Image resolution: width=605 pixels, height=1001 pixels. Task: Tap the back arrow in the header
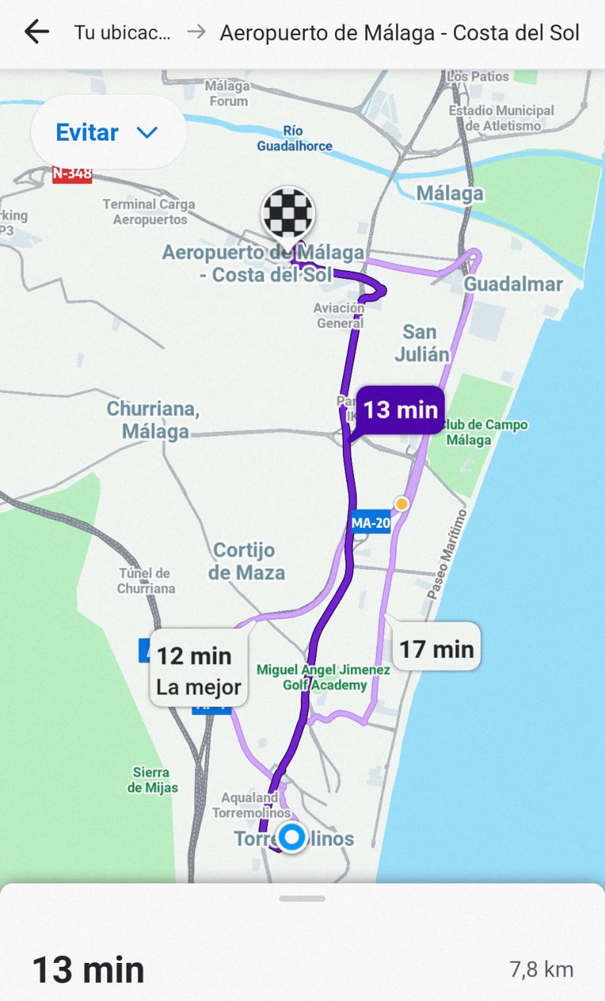[x=37, y=32]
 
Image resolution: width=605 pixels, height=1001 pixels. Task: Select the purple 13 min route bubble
[x=400, y=409]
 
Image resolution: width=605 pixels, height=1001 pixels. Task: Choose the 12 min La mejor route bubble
[x=198, y=670]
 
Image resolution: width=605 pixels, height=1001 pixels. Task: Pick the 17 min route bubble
[x=436, y=648]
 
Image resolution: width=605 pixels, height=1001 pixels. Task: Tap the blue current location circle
[x=292, y=837]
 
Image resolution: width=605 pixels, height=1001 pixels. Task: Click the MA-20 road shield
[x=370, y=523]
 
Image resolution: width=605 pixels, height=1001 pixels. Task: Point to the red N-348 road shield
[x=72, y=174]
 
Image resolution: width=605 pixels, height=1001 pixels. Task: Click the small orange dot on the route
[x=401, y=503]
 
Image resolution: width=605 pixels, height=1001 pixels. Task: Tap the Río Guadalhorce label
[x=294, y=138]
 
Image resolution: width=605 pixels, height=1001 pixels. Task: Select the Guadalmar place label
[x=513, y=284]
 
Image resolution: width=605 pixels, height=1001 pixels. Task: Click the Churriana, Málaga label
[x=154, y=419]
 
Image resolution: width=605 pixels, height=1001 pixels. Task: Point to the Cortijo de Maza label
[x=246, y=561]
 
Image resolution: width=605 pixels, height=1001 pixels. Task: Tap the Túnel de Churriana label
[x=145, y=580]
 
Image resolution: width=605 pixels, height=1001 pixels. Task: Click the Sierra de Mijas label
[x=152, y=780]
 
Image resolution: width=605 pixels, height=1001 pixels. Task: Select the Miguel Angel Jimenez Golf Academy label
[x=323, y=677]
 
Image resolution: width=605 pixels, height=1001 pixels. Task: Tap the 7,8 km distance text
[x=541, y=969]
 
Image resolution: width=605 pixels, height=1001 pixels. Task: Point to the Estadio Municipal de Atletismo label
[x=502, y=118]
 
